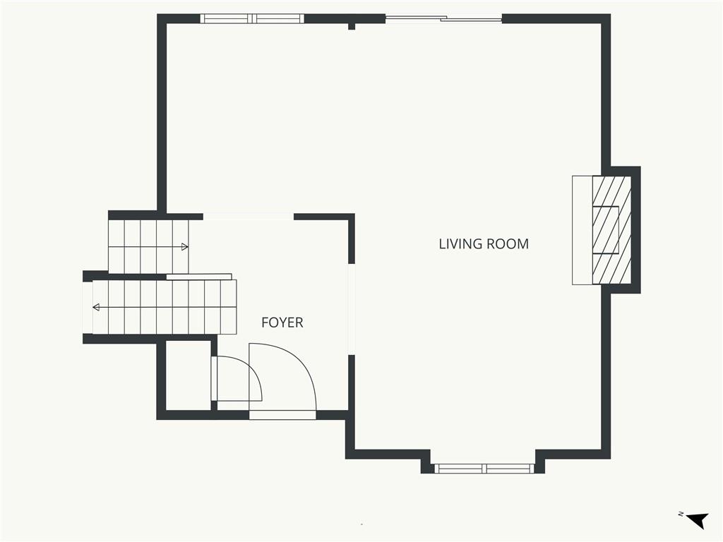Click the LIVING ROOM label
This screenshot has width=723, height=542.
pyautogui.click(x=484, y=243)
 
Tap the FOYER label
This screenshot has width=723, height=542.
pyautogui.click(x=282, y=323)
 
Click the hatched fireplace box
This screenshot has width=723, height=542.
pyautogui.click(x=611, y=229)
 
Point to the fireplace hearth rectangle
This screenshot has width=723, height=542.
pyautogui.click(x=582, y=230)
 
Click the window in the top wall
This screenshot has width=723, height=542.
pyautogui.click(x=252, y=19)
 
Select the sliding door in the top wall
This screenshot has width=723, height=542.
pyautogui.click(x=443, y=19)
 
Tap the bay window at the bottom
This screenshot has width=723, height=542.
pyautogui.click(x=484, y=469)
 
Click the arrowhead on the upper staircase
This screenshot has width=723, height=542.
pyautogui.click(x=185, y=247)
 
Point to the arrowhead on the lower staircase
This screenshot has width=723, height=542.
pyautogui.click(x=96, y=308)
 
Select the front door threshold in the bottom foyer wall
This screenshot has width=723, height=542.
pyautogui.click(x=282, y=415)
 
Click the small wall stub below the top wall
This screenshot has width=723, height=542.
pyautogui.click(x=352, y=26)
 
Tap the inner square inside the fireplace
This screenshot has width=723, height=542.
pyautogui.click(x=605, y=230)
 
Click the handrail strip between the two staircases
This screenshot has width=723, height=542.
pyautogui.click(x=198, y=277)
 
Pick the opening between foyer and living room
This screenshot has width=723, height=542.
pyautogui.click(x=352, y=309)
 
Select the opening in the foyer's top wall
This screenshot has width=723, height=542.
pyautogui.click(x=249, y=217)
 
